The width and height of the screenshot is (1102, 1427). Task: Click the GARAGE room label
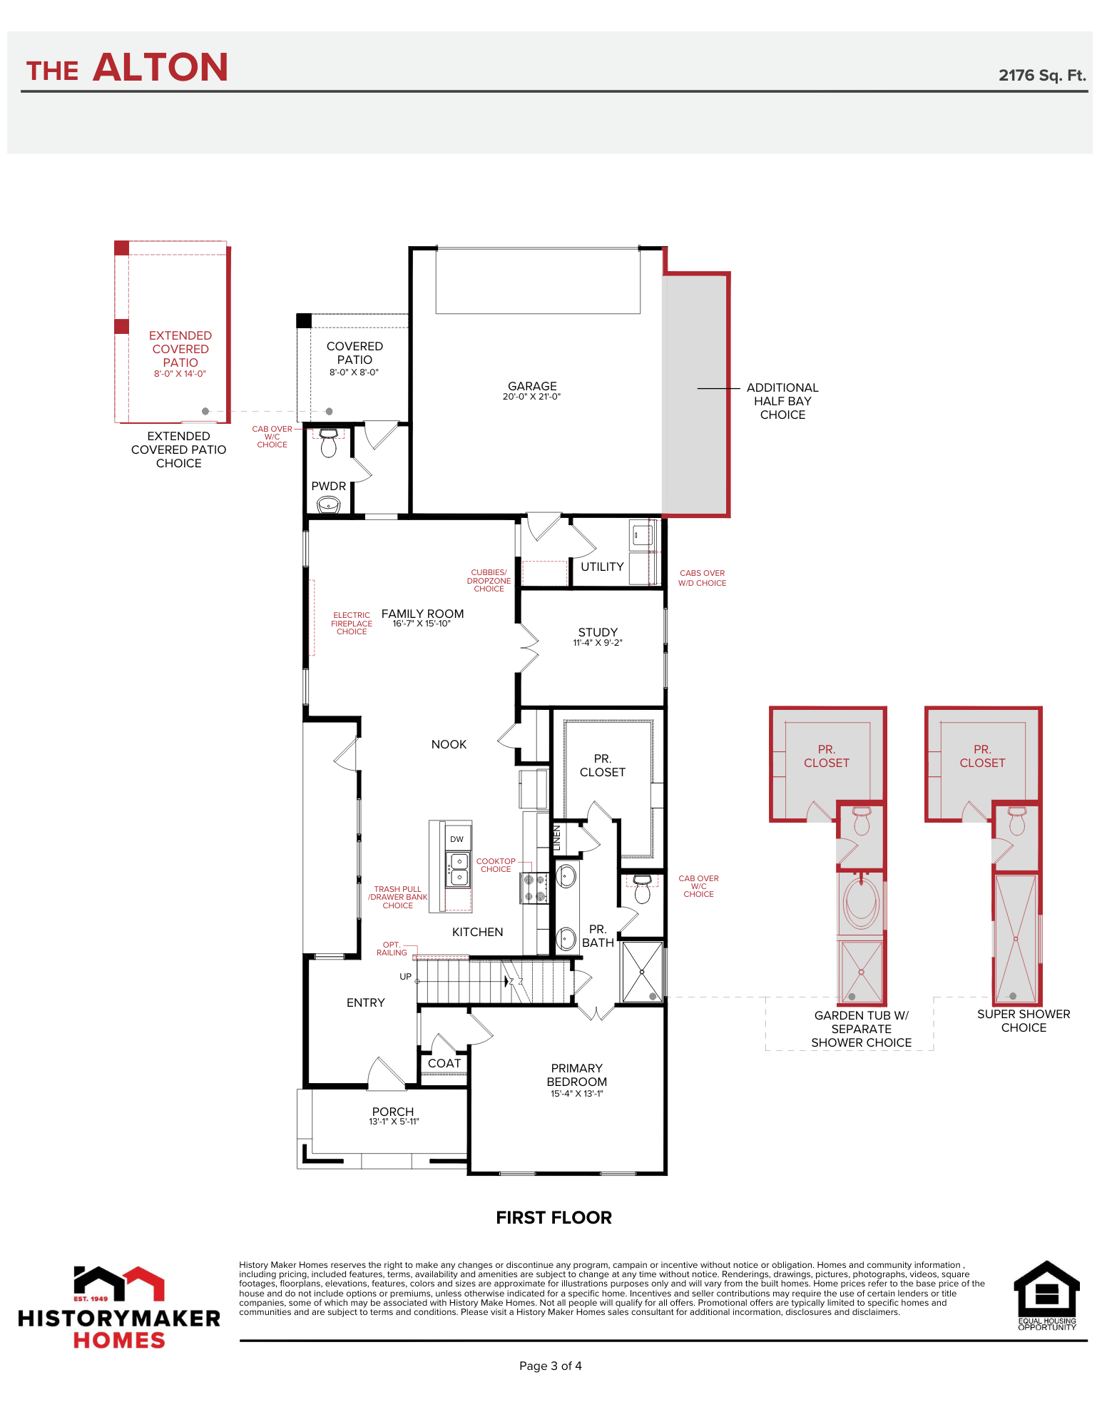(x=532, y=386)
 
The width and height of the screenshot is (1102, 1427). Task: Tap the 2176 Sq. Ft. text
(x=1042, y=76)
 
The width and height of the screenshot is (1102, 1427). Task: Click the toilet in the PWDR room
(x=328, y=442)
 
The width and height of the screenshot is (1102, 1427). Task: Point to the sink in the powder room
(x=328, y=505)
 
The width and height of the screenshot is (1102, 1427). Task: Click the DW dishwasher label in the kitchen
(x=456, y=839)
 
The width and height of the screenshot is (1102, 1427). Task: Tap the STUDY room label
(x=598, y=632)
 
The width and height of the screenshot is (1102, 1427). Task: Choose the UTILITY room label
(x=602, y=567)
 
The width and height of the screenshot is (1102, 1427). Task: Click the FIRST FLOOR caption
(x=554, y=1217)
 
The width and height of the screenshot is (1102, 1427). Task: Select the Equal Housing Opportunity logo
(x=1046, y=1295)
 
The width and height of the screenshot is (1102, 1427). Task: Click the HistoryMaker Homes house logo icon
(x=119, y=1283)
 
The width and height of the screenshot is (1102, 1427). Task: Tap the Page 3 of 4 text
(x=551, y=1366)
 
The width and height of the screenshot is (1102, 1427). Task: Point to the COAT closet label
(x=444, y=1063)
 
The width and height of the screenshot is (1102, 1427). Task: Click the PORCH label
(x=393, y=1112)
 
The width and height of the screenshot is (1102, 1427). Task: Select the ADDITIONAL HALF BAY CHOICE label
(x=782, y=401)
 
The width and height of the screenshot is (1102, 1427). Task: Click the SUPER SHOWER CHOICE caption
(x=1024, y=1020)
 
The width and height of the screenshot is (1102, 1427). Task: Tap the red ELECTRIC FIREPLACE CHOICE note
(x=352, y=623)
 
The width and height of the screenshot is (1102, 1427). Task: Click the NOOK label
(x=449, y=744)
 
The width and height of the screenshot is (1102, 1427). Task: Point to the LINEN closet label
(x=557, y=838)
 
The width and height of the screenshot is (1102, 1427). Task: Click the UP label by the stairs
(x=405, y=977)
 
